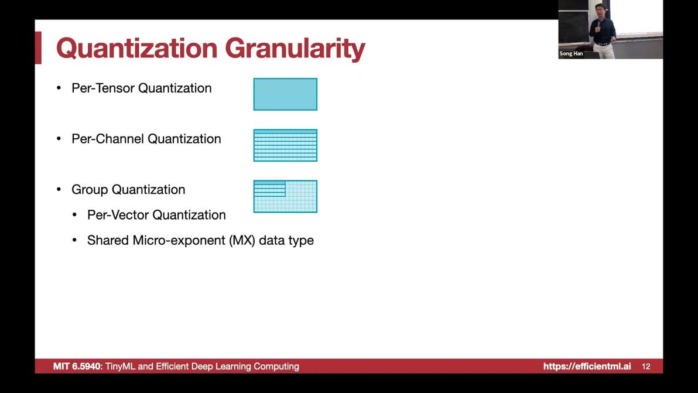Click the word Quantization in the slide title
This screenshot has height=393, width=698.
[137, 48]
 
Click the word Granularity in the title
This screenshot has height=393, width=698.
[295, 49]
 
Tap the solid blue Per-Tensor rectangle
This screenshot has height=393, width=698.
[285, 94]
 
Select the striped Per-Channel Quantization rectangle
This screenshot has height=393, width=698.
[285, 145]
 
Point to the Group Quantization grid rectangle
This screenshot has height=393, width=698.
[285, 196]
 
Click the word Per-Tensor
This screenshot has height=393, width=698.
[103, 88]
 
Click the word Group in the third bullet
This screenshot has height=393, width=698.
[90, 190]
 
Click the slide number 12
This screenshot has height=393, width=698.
[646, 366]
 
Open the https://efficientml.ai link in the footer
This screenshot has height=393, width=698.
[587, 366]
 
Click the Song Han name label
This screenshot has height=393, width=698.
[571, 53]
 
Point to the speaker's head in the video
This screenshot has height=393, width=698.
[601, 11]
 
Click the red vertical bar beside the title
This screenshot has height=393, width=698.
[38, 47]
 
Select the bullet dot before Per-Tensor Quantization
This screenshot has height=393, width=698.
[59, 88]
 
